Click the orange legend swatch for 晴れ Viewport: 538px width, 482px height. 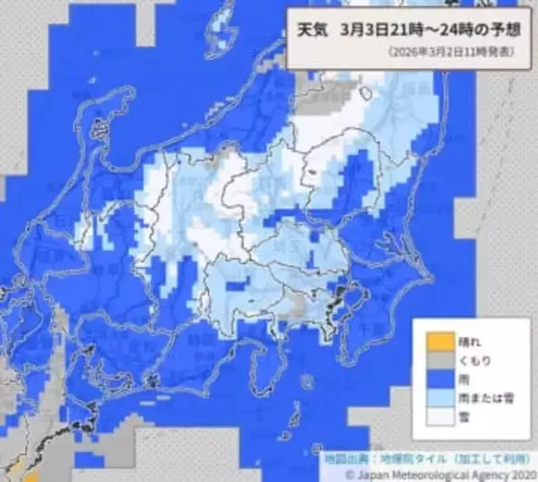pyautogui.click(x=438, y=340)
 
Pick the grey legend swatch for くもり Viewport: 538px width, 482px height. pyautogui.click(x=438, y=360)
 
